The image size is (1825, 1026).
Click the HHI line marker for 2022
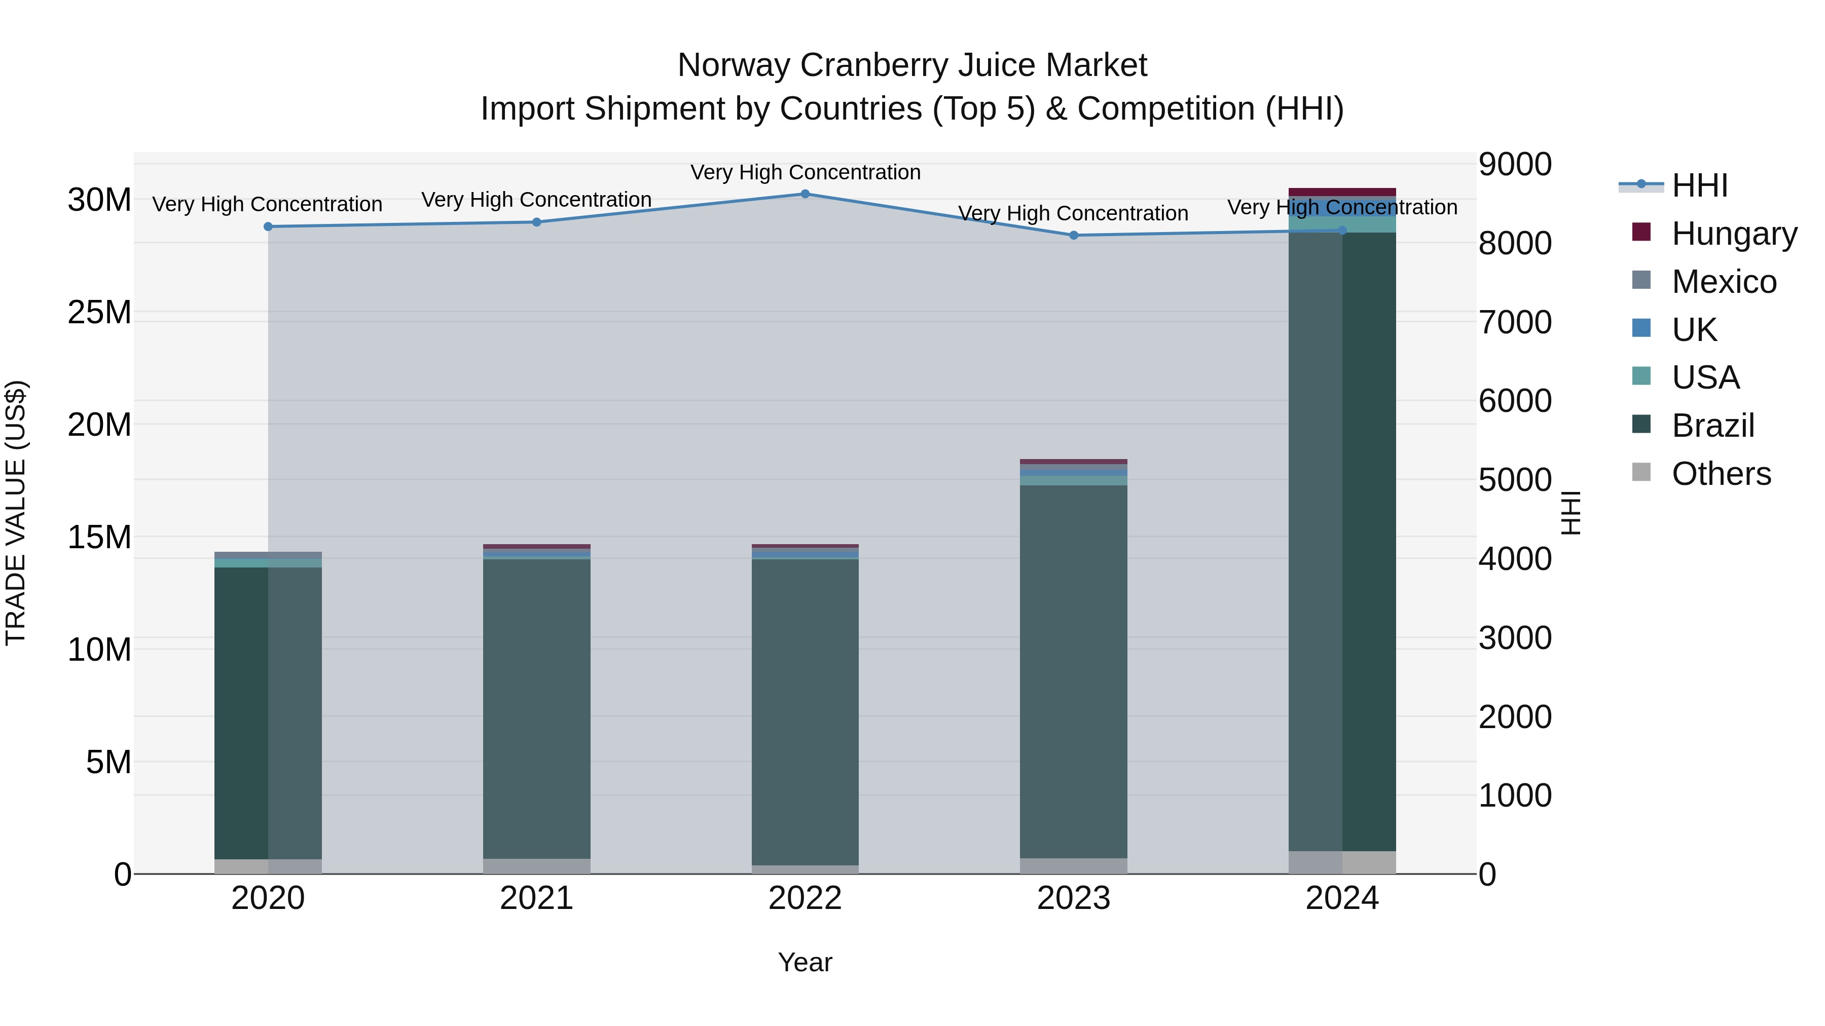805,194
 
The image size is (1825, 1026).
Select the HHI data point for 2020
268,226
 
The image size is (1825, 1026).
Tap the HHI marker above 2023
1073,235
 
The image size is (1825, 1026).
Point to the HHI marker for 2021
536,222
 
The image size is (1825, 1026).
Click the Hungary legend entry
1733,234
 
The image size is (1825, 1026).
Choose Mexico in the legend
1723,282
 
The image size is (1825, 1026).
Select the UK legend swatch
1641,328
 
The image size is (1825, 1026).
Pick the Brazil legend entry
1712,426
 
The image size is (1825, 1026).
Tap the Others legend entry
1720,474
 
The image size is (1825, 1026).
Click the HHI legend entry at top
1699,185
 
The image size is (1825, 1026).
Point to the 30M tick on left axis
99,200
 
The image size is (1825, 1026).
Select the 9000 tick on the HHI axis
1515,164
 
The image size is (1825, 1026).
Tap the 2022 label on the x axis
805,898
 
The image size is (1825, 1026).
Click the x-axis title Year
805,962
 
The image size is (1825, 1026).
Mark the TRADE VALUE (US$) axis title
16,513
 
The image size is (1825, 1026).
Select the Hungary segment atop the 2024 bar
1342,192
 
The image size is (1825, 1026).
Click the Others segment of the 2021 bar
536,866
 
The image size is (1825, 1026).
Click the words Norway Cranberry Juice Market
912,66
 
